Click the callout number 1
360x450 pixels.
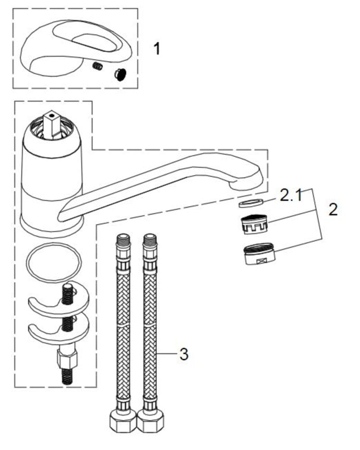point(157,49)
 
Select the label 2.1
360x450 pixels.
point(291,196)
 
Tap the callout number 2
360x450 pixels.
point(333,210)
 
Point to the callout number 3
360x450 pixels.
point(184,354)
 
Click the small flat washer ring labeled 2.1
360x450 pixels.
point(247,203)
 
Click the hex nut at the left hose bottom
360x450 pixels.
point(123,423)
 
